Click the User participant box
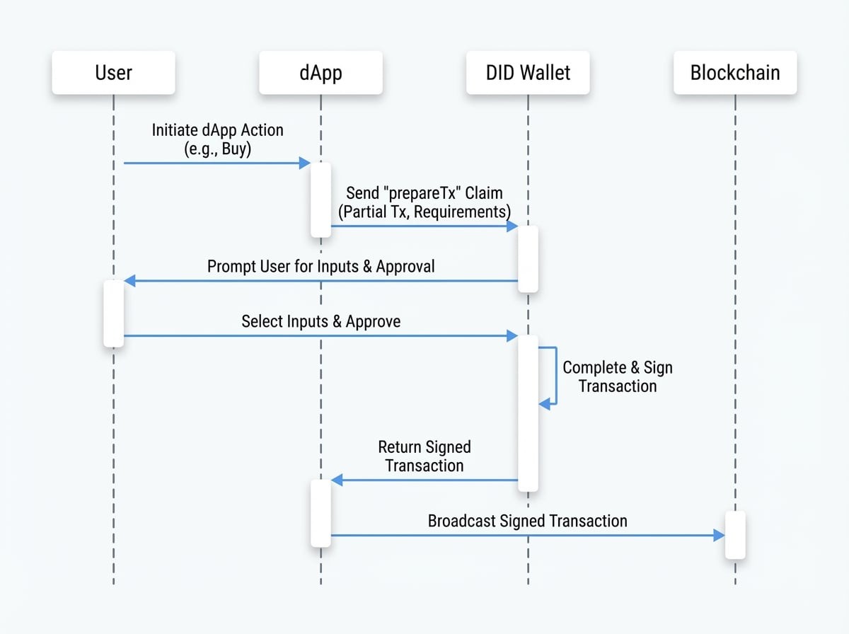[113, 73]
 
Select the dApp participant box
[320, 73]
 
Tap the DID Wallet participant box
[528, 73]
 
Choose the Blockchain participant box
[735, 73]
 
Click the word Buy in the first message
[236, 149]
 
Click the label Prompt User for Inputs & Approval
[320, 267]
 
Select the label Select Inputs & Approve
[320, 321]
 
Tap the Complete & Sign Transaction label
[617, 376]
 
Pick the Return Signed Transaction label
[424, 456]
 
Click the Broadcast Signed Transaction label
[527, 521]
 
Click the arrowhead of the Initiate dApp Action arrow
[305, 163]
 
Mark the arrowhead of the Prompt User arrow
[129, 281]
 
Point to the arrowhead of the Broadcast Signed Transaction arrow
[719, 536]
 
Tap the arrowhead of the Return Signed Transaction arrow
[337, 480]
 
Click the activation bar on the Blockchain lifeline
[735, 535]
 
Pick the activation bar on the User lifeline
[113, 313]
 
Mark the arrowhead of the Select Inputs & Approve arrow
[512, 336]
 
